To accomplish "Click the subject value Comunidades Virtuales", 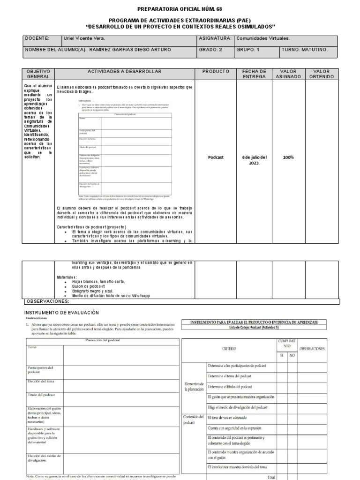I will tap(262, 38).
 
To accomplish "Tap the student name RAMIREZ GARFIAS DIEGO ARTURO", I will tap(130, 50).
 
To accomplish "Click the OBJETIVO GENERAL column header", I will tap(38, 74).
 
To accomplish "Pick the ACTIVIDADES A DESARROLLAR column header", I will tap(124, 71).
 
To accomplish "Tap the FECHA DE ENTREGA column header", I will tap(254, 74).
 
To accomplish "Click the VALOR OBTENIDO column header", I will tap(321, 74).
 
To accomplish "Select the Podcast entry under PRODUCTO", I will tap(216, 157).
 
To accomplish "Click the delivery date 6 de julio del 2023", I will tap(254, 160).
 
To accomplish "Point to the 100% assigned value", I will tap(288, 157).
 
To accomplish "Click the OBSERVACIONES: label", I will tap(47, 301).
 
